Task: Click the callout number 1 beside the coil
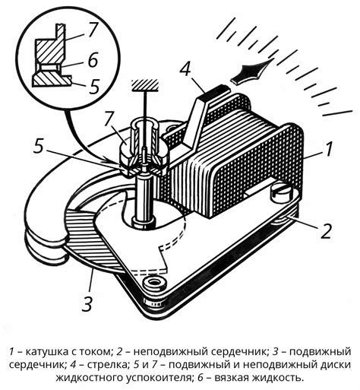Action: tap(328, 149)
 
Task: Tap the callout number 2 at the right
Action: tap(327, 231)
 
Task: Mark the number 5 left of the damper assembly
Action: tap(39, 147)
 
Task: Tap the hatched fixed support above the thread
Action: tap(145, 85)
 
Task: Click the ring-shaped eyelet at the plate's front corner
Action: tap(154, 282)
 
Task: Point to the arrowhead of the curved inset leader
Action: tap(109, 161)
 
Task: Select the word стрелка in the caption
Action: tap(107, 365)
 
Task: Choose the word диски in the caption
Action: tap(336, 365)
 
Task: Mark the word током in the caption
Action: tap(96, 351)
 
